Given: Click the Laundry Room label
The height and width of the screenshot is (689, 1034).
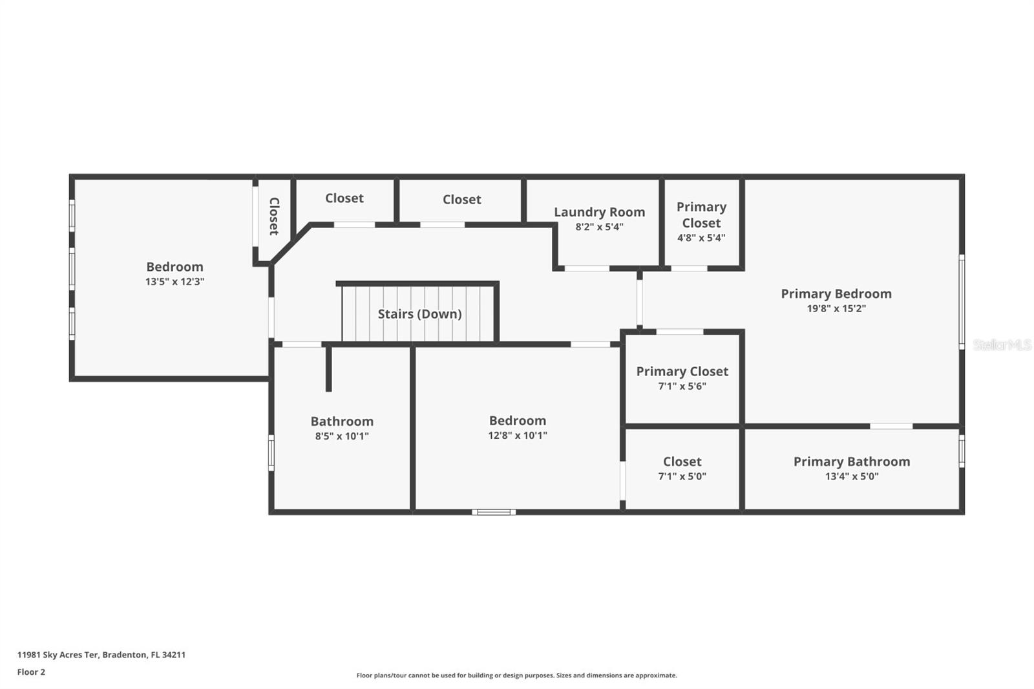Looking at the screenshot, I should (x=599, y=212).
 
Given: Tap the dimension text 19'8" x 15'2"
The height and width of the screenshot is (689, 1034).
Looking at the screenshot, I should (x=836, y=309).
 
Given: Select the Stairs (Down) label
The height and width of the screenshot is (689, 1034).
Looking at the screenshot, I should (x=419, y=314).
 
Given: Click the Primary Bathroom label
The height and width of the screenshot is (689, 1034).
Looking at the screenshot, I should (x=851, y=461).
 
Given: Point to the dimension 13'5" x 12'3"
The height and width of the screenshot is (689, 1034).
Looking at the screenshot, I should (x=174, y=282).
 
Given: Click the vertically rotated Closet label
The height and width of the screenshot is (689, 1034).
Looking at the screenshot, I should (x=274, y=216).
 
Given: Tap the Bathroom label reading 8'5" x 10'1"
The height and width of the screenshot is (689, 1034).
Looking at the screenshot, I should (x=342, y=421).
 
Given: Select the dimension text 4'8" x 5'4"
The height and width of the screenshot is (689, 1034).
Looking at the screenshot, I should (x=701, y=238).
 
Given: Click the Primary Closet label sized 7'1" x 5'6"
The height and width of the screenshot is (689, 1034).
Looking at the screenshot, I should (x=682, y=372).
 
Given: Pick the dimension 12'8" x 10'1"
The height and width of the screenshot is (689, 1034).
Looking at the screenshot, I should (x=517, y=436).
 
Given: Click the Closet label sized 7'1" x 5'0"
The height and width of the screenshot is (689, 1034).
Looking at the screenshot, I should (x=682, y=461).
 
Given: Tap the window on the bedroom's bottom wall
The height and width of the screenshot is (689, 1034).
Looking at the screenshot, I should (x=494, y=512).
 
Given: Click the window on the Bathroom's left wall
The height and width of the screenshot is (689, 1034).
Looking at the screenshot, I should (x=271, y=452).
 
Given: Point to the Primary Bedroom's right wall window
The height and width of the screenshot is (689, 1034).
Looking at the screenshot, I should (x=961, y=302).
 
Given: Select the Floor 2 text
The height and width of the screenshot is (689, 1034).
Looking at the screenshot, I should (x=31, y=672).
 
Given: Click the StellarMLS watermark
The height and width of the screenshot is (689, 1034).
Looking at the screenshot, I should (x=1002, y=345).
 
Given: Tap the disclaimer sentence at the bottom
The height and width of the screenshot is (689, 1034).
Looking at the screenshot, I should (x=516, y=675).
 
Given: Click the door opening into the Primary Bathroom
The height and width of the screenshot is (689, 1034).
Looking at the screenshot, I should (x=891, y=426).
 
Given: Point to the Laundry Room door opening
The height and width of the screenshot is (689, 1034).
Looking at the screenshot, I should (x=586, y=268).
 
